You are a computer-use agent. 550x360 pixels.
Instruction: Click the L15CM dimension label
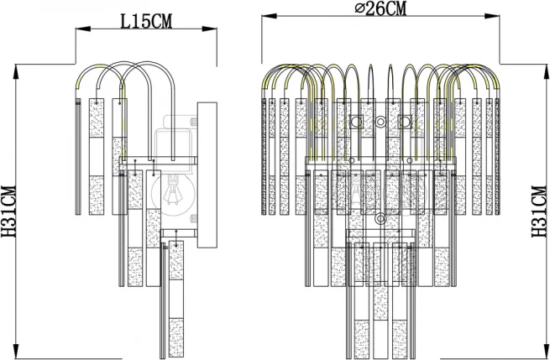pos(146,21)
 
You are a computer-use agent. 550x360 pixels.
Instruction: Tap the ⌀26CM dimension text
pos(381,8)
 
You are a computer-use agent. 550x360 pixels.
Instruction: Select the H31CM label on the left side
pos(8,211)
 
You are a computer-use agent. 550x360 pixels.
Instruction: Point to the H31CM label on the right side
pos(539,211)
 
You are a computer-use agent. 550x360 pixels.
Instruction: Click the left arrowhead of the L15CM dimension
pos(83,29)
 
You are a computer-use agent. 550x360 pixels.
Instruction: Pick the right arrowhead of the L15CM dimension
pos(209,29)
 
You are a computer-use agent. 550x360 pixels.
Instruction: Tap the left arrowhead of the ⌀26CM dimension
pos(269,16)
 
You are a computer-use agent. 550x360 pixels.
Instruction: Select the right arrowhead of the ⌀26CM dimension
pos(492,16)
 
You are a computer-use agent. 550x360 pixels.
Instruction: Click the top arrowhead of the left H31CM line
pos(16,71)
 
